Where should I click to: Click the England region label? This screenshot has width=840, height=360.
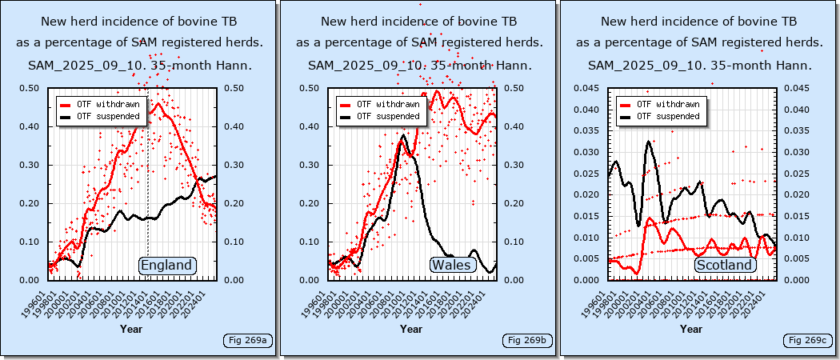pyautogui.click(x=166, y=266)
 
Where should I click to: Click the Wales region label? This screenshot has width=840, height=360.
pyautogui.click(x=452, y=266)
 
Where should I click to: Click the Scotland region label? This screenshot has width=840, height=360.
pyautogui.click(x=725, y=266)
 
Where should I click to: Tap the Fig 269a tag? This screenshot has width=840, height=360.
pyautogui.click(x=248, y=341)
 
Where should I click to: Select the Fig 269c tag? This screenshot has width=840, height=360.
pyautogui.click(x=807, y=341)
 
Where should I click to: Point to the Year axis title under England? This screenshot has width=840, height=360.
pyautogui.click(x=131, y=329)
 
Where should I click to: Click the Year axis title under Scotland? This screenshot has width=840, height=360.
pyautogui.click(x=691, y=329)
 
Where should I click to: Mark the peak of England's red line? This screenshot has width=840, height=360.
pyautogui.click(x=158, y=103)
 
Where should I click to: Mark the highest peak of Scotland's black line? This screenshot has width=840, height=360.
pyautogui.click(x=649, y=142)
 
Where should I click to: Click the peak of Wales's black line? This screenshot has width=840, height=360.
pyautogui.click(x=404, y=136)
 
